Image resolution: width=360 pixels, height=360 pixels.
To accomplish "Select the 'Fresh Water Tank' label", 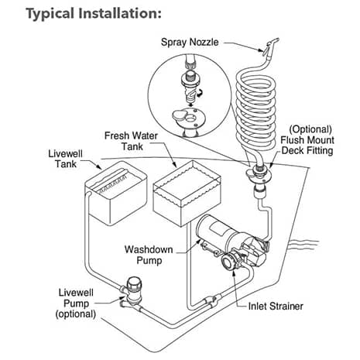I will (x=132, y=142).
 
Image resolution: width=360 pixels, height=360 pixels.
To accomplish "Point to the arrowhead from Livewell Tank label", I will (x=100, y=170).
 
